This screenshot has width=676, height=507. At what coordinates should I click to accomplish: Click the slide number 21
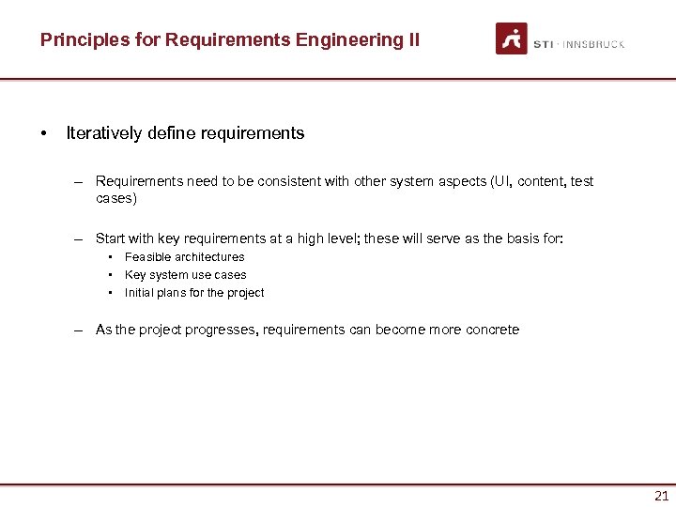pyautogui.click(x=661, y=497)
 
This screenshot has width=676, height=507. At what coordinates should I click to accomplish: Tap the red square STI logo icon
pyautogui.click(x=512, y=38)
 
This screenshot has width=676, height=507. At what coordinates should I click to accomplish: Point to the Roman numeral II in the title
pyautogui.click(x=413, y=39)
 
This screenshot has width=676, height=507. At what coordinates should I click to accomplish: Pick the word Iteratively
pyautogui.click(x=103, y=133)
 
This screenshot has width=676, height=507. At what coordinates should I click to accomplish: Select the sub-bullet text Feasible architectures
pyautogui.click(x=184, y=257)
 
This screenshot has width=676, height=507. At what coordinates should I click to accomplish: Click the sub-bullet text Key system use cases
pyautogui.click(x=185, y=275)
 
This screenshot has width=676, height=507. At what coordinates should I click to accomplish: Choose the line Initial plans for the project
pyautogui.click(x=194, y=293)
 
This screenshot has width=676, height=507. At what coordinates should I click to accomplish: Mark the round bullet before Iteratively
pyautogui.click(x=44, y=133)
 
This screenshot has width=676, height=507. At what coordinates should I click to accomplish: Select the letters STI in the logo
pyautogui.click(x=544, y=44)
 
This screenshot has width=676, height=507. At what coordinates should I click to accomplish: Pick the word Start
pyautogui.click(x=111, y=238)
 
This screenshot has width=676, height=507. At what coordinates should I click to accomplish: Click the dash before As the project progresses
pyautogui.click(x=82, y=330)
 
